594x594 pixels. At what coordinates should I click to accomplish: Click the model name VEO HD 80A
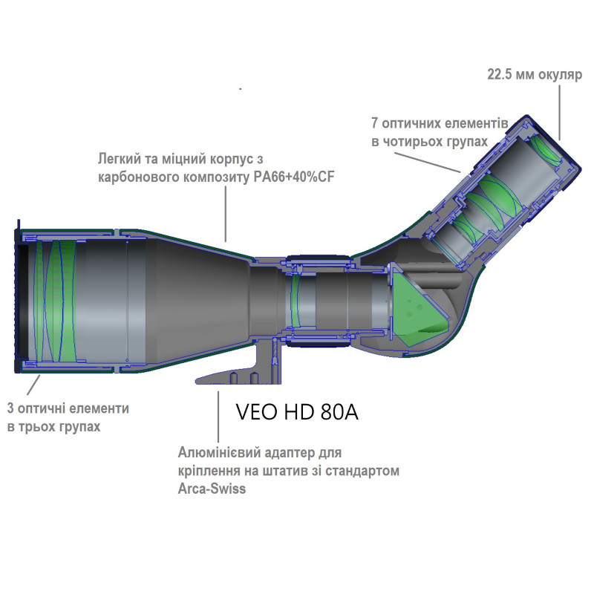(x=297, y=412)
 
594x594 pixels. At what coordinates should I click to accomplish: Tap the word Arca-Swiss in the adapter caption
(x=212, y=489)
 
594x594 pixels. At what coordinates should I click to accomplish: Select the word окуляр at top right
(x=560, y=76)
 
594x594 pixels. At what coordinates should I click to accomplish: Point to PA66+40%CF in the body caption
(x=294, y=177)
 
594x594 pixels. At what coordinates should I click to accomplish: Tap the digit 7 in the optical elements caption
(x=375, y=123)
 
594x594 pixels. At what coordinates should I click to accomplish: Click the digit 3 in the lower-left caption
(x=10, y=409)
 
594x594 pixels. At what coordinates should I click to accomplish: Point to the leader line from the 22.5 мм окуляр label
(x=560, y=112)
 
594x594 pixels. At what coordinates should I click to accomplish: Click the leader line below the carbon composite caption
(x=226, y=214)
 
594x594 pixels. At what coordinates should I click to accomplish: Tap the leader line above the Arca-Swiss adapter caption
(x=218, y=417)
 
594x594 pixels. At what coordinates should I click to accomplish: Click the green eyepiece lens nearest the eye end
(x=546, y=151)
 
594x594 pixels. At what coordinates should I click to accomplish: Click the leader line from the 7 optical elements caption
(x=428, y=163)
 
